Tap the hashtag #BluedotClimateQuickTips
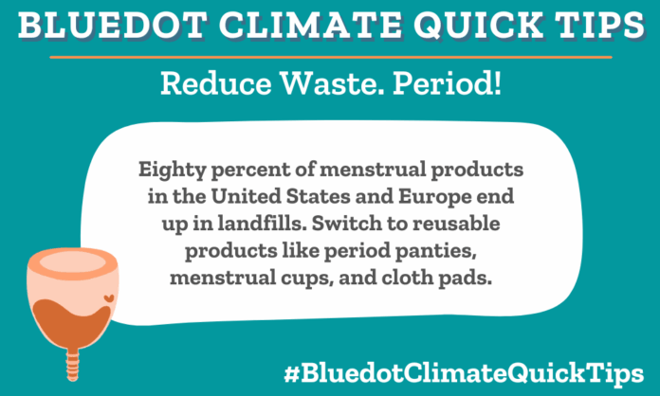(x=486, y=369)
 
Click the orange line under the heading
(x=330, y=56)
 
